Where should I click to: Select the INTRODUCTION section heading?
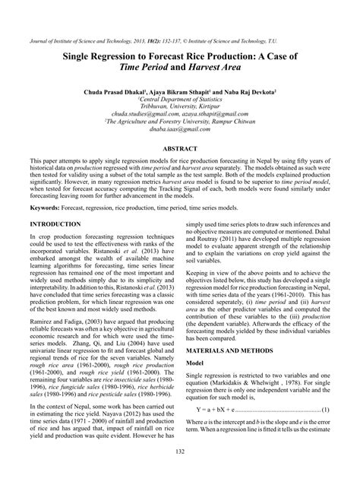(55, 225)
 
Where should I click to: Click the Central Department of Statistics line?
(180, 99)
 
